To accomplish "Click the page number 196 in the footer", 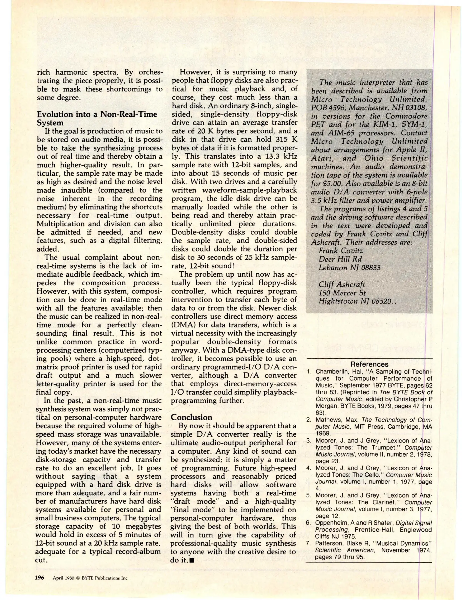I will [39, 578].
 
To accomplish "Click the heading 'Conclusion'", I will [191, 417].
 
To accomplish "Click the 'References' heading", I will [369, 364].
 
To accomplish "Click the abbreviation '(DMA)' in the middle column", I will [181, 324].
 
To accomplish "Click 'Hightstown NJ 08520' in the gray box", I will [355, 301].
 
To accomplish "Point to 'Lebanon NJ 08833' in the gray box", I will [349, 267].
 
